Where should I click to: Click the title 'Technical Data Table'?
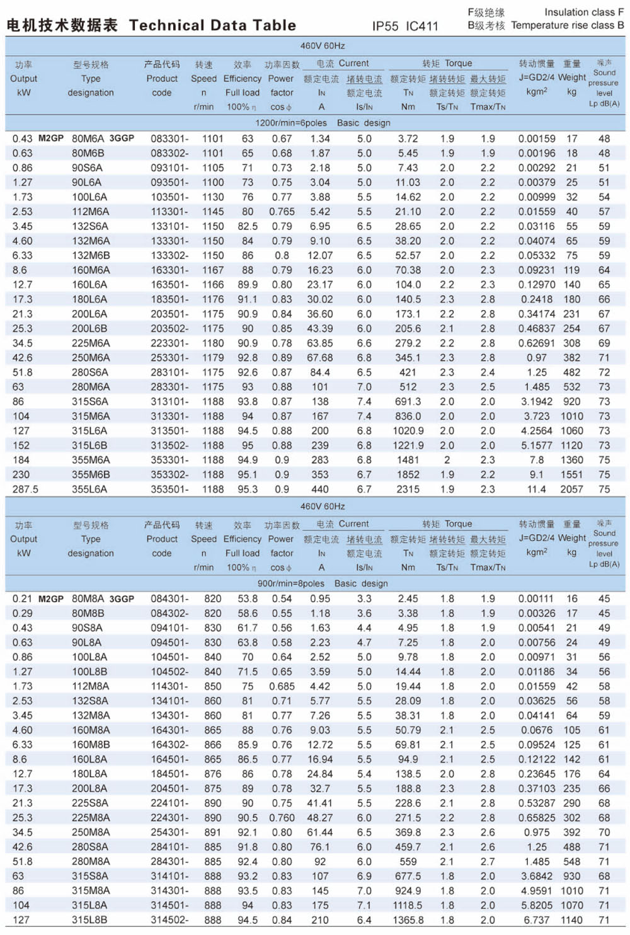(x=212, y=26)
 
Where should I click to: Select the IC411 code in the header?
(x=421, y=26)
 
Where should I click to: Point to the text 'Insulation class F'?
(x=584, y=12)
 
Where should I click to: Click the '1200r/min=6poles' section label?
(x=291, y=123)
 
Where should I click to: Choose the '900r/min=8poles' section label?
(x=291, y=583)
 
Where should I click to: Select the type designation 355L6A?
(x=89, y=489)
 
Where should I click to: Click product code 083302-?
(x=169, y=153)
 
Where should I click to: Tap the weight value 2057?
(x=571, y=489)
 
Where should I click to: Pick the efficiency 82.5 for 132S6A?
(x=247, y=226)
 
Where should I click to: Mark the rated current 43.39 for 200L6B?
(x=320, y=328)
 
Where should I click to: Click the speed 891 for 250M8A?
(x=213, y=832)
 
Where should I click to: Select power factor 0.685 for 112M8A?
(x=282, y=686)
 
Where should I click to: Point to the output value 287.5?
(x=25, y=489)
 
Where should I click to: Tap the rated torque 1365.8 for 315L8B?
(x=408, y=920)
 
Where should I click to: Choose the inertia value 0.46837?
(x=537, y=328)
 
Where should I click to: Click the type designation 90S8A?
(x=87, y=628)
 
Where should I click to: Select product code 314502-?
(x=169, y=920)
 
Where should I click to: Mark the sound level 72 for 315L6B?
(x=604, y=445)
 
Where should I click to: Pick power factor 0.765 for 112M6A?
(x=282, y=212)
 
